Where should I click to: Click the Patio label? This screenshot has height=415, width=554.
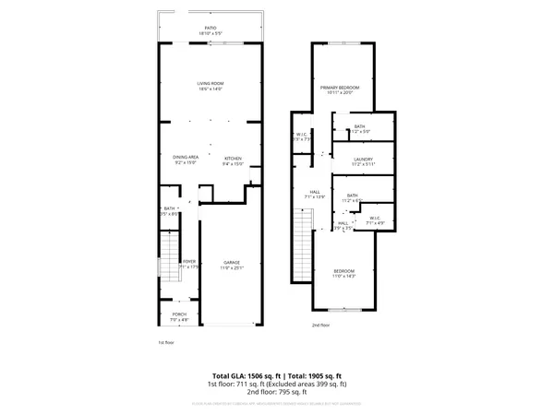[x=211, y=30]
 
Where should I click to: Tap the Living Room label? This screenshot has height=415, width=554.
[x=211, y=85]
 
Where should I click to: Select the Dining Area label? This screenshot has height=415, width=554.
[x=186, y=159]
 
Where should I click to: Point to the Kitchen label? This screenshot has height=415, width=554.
[x=233, y=159]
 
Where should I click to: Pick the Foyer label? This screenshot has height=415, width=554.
[x=188, y=263]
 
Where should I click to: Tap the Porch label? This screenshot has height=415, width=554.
[x=180, y=315]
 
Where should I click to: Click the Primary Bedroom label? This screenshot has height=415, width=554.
[x=340, y=87]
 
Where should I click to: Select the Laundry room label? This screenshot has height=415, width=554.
[x=362, y=160]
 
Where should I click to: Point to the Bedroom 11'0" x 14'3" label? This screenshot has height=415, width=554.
[x=343, y=272]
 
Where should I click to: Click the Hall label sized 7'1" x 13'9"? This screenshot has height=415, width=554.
[x=315, y=193]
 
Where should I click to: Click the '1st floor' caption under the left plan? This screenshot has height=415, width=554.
[x=165, y=342]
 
